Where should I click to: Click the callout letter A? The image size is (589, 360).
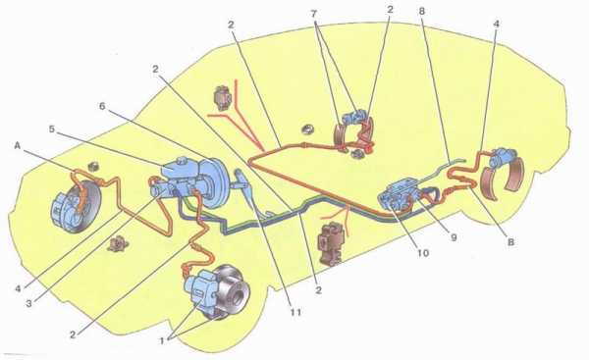18,145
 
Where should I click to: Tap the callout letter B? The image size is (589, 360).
510,242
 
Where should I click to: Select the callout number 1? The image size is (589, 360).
162,340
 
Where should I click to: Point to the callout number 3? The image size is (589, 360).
28,303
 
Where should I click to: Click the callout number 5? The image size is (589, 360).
52,129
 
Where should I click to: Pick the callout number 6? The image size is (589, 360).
102,106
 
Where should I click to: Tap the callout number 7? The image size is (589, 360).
314,14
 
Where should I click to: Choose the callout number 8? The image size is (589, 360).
422,12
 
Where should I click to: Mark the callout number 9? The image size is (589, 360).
454,237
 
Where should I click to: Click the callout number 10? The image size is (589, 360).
423,253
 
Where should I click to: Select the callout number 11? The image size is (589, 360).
295,312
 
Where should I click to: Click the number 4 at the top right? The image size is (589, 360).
496,24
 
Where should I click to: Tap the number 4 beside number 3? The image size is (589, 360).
18,288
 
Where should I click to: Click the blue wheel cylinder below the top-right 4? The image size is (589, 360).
505,157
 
